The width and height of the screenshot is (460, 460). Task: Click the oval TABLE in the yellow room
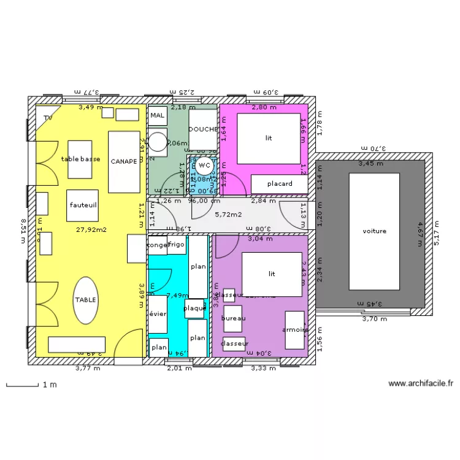pos(85,299)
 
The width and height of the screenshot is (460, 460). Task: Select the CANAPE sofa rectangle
pos(125,161)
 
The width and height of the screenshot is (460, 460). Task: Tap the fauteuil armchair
pos(82,205)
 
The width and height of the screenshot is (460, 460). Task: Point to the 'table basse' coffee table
pos(80,159)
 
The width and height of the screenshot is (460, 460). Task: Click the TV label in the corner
pos(47,117)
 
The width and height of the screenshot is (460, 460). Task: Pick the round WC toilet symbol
pos(205,165)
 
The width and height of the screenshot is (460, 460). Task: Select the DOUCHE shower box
pos(202,129)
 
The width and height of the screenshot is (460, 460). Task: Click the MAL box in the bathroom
pos(158,115)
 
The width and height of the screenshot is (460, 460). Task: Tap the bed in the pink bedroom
pos(269,138)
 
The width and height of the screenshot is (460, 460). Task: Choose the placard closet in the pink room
pos(279,183)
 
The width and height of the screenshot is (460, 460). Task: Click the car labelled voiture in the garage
pos(374,231)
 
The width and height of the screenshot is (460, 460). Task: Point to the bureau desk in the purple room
pos(233,318)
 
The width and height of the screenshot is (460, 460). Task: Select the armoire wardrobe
pos(294,330)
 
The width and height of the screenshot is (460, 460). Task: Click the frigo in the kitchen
pos(177,245)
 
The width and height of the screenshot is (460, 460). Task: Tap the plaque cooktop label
pos(195,308)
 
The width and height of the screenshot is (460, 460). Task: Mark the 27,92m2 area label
pos(91,230)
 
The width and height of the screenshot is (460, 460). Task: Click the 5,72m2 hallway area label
pos(228,215)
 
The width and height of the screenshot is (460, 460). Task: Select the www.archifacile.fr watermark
pos(421,384)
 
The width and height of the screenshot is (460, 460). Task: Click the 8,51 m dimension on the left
pos(23,231)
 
